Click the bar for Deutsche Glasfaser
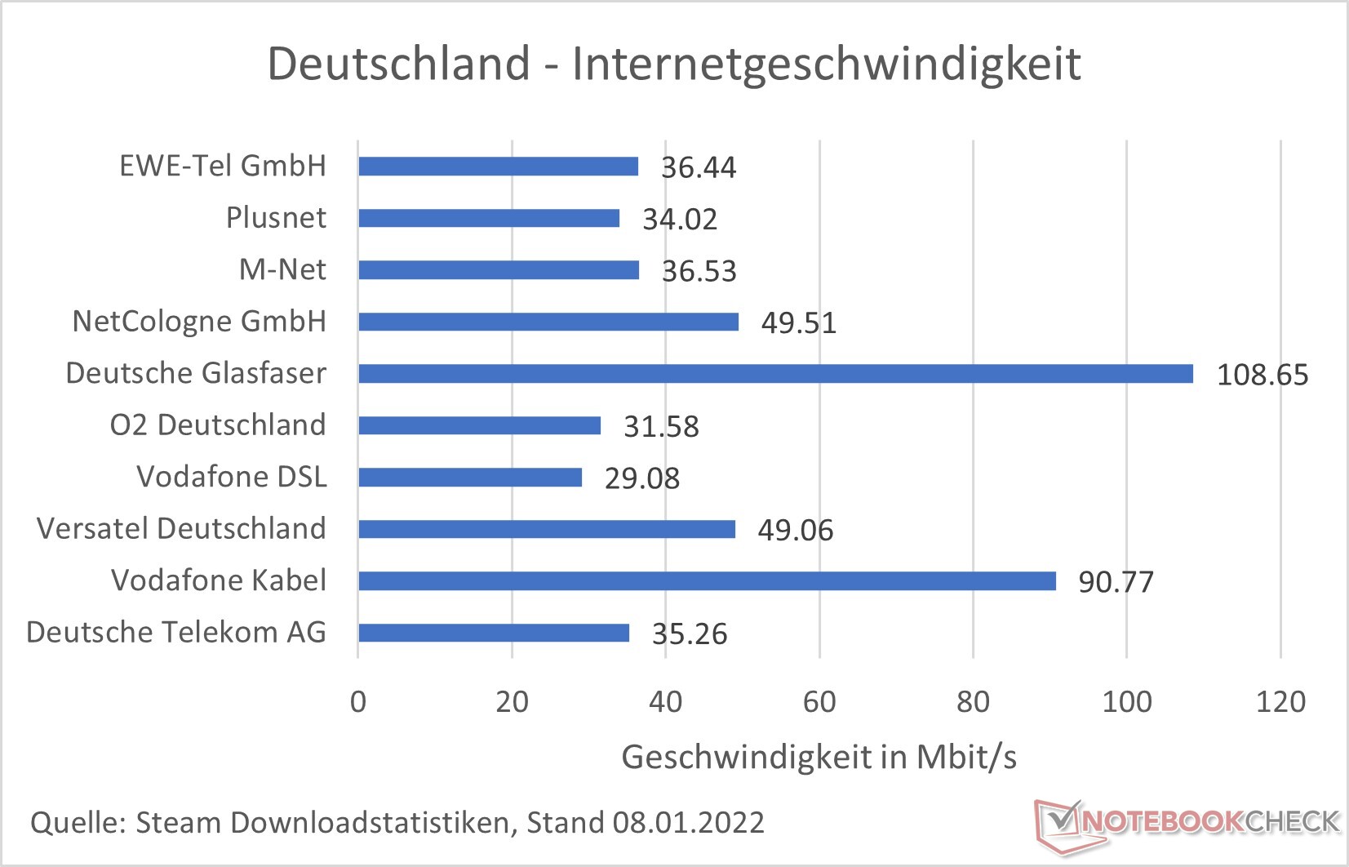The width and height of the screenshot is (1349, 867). pyautogui.click(x=775, y=374)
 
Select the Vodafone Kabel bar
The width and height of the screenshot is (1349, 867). pyautogui.click(x=707, y=581)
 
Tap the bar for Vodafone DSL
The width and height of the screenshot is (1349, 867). pyautogui.click(x=470, y=478)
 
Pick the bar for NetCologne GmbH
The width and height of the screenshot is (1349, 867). pyautogui.click(x=548, y=322)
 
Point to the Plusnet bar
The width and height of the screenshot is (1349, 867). pyautogui.click(x=489, y=219)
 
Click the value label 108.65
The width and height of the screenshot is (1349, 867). pyautogui.click(x=1262, y=375)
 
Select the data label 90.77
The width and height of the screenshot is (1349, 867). pyautogui.click(x=1116, y=582)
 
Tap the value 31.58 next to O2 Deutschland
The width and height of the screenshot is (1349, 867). pyautogui.click(x=661, y=427)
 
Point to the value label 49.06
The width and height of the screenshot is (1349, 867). pyautogui.click(x=795, y=531)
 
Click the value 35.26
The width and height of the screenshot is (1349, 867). pyautogui.click(x=689, y=634)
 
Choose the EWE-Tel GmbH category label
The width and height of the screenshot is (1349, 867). pyautogui.click(x=222, y=166)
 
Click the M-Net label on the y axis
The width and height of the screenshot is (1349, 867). pyautogui.click(x=282, y=269)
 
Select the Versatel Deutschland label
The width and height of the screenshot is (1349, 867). pyautogui.click(x=181, y=528)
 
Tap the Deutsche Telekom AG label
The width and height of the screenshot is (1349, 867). pyautogui.click(x=176, y=632)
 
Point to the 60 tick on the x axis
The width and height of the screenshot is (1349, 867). pyautogui.click(x=819, y=702)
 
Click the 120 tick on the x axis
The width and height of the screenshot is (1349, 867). pyautogui.click(x=1280, y=702)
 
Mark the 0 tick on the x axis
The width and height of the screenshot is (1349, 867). pyautogui.click(x=358, y=702)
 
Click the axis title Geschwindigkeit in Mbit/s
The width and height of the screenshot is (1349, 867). pyautogui.click(x=819, y=758)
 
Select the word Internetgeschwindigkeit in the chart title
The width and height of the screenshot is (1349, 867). pyautogui.click(x=826, y=64)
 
